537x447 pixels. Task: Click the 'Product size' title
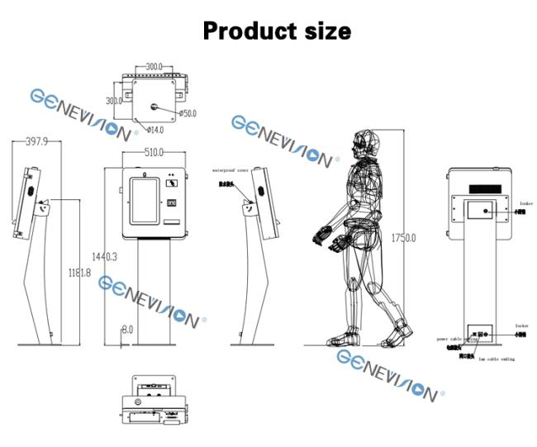point(277,31)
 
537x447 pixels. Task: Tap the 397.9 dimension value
point(36,142)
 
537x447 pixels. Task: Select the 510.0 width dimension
point(154,153)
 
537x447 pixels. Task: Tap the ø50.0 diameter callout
point(187,113)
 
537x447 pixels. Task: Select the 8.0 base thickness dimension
point(127,329)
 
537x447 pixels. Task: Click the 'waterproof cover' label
point(230,169)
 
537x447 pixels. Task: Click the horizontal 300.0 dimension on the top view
point(154,65)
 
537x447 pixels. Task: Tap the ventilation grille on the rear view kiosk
point(483,189)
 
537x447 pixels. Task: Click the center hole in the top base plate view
point(154,106)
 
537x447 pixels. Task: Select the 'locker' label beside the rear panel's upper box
point(526,202)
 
